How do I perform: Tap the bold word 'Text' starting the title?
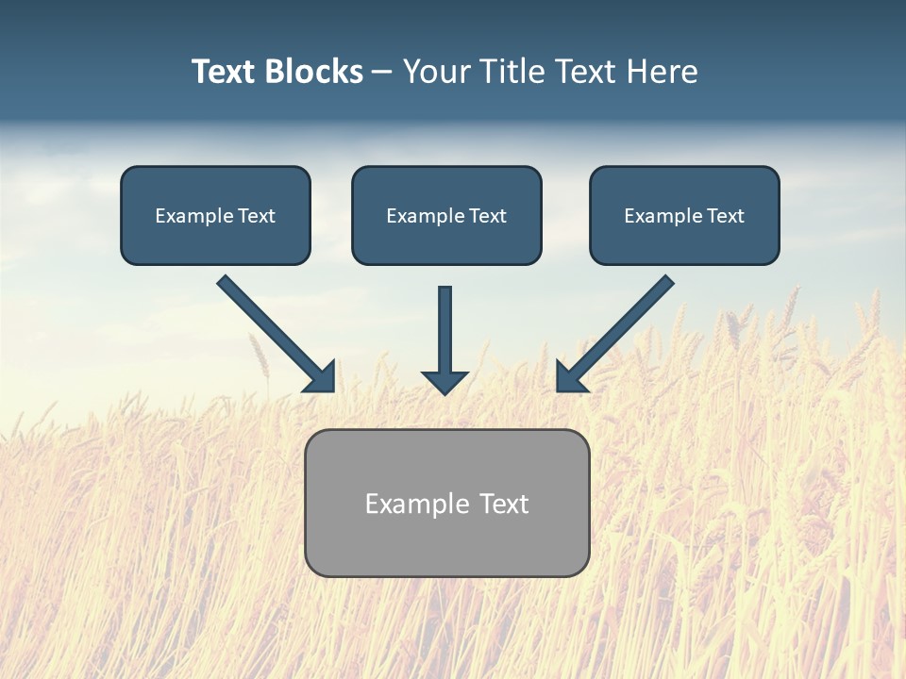pos(225,72)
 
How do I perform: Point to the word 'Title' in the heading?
pos(514,72)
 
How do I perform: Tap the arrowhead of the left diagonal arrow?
pos(321,378)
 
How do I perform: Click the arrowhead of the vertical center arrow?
pos(445,382)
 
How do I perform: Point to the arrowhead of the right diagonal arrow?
pos(570,378)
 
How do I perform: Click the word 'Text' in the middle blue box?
pos(487,216)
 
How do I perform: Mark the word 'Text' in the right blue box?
pos(725,216)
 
